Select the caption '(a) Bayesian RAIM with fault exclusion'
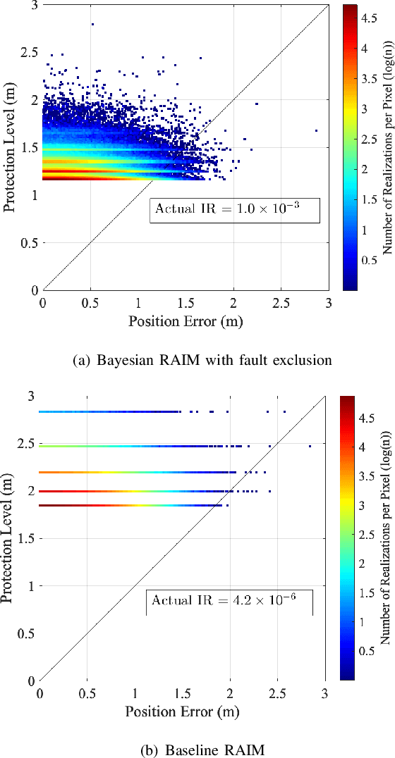[202, 361]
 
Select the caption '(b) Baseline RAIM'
[202, 750]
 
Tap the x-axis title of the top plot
[186, 322]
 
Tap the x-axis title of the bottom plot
[183, 712]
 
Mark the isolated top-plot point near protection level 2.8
[92, 24]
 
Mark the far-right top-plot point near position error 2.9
[316, 130]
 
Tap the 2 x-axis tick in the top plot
[234, 302]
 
